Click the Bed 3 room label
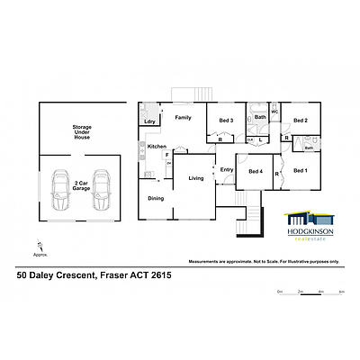coord(227,121)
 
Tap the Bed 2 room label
coord(301,121)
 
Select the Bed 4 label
coord(255,172)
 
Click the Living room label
coord(196,178)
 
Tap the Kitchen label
coord(157,146)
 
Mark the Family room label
coord(183,118)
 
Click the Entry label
coord(226,169)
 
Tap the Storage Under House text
coord(82,133)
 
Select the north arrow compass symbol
coord(40,241)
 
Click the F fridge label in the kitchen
coord(167,155)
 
